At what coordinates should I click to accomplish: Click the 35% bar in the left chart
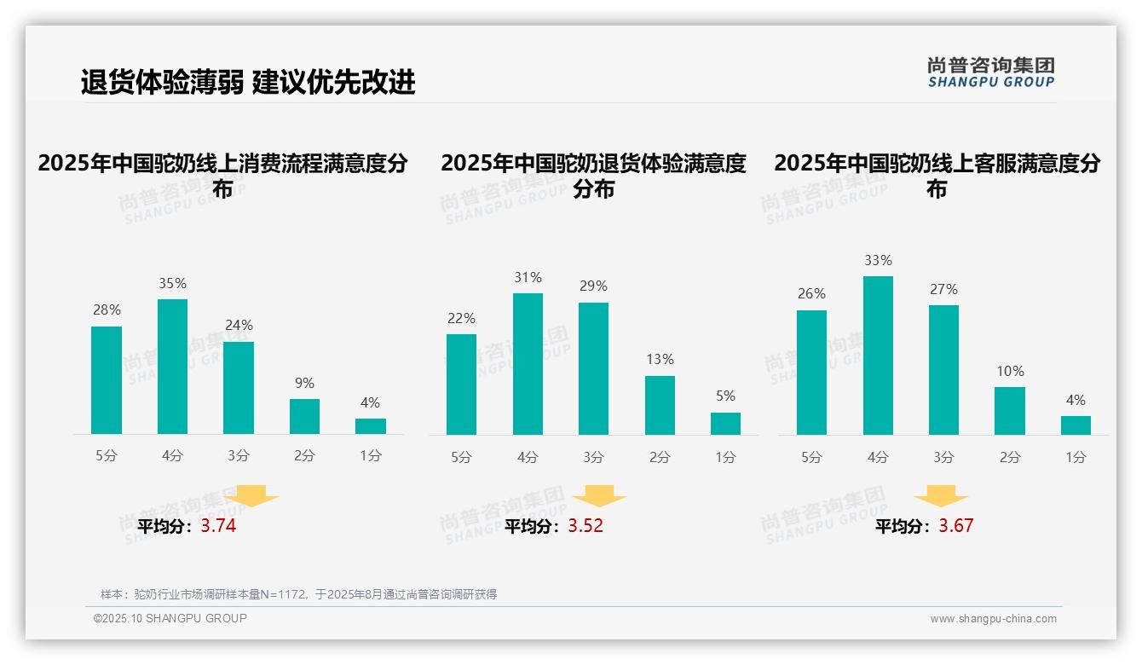pyautogui.click(x=172, y=367)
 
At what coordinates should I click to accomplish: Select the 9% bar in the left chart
pyautogui.click(x=304, y=416)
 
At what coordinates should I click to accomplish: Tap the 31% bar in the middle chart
pyautogui.click(x=528, y=364)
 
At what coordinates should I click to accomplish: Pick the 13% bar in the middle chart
pyautogui.click(x=660, y=405)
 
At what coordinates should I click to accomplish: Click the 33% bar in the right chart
pyautogui.click(x=878, y=356)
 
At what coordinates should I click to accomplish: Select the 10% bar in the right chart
pyautogui.click(x=1010, y=411)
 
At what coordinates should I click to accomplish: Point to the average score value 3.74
pyautogui.click(x=218, y=526)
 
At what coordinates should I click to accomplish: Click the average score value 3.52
pyautogui.click(x=585, y=526)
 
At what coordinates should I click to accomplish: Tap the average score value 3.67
pyautogui.click(x=955, y=526)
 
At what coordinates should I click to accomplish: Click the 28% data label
pyautogui.click(x=107, y=310)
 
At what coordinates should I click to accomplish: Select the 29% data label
pyautogui.click(x=594, y=286)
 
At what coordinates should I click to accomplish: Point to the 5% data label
pyautogui.click(x=725, y=396)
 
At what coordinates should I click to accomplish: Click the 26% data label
pyautogui.click(x=811, y=294)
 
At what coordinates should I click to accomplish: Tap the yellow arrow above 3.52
pyautogui.click(x=599, y=495)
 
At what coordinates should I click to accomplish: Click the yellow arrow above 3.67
pyautogui.click(x=941, y=495)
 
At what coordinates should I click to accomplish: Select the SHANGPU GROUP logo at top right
pyautogui.click(x=990, y=72)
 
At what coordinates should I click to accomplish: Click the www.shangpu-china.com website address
pyautogui.click(x=993, y=619)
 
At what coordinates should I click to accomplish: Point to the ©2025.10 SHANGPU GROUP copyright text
pyautogui.click(x=170, y=618)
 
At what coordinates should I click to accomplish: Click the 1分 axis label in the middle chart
pyautogui.click(x=725, y=458)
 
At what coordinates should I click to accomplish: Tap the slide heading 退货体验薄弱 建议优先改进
pyautogui.click(x=248, y=82)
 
